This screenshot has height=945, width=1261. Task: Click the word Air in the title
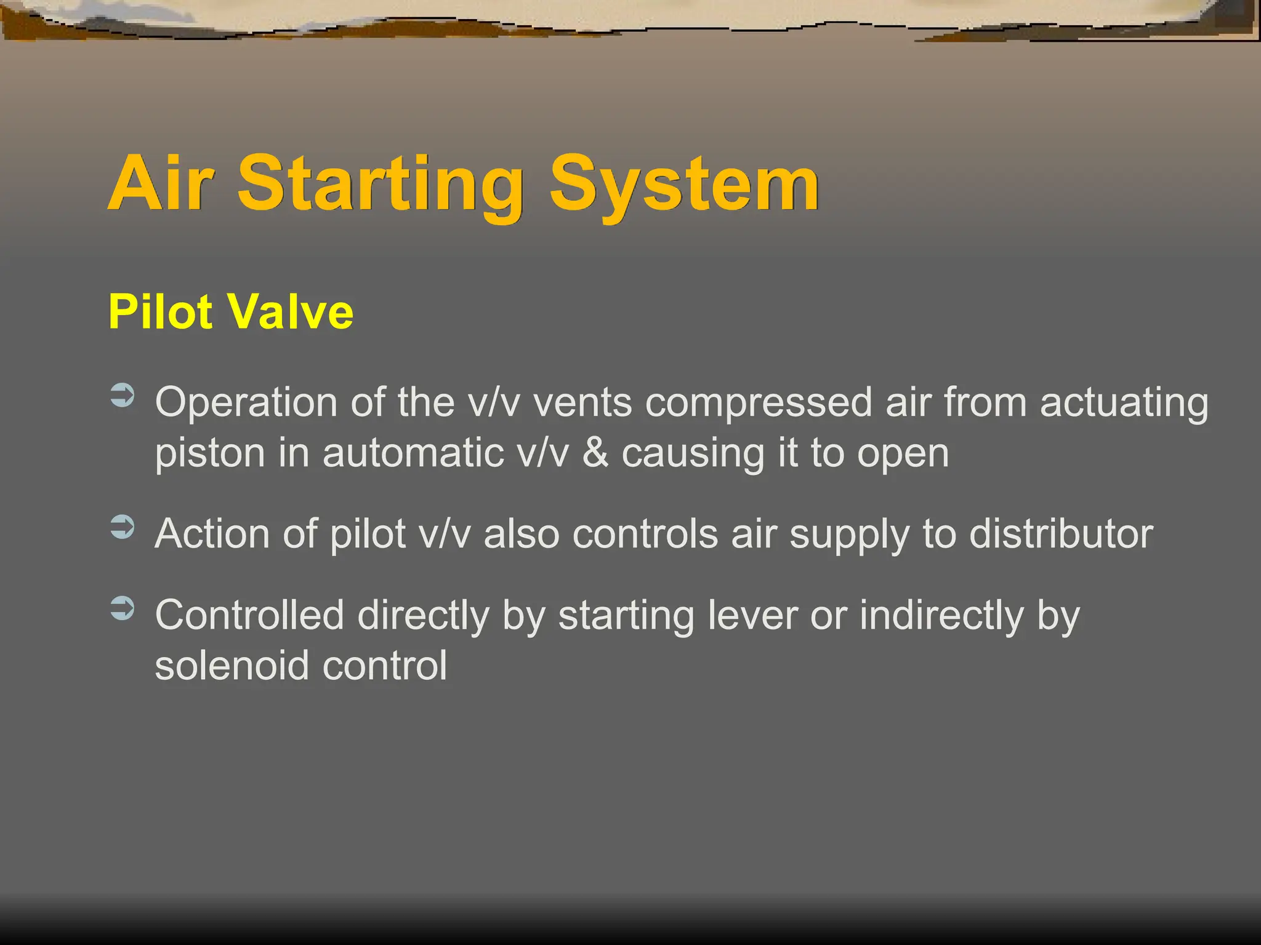pyautogui.click(x=161, y=183)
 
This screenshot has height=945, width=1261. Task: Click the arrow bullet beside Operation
pyautogui.click(x=123, y=396)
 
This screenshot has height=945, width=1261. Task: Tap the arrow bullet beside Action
pyautogui.click(x=123, y=527)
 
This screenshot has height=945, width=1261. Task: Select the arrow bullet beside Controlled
pyautogui.click(x=123, y=608)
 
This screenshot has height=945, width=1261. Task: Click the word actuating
pyautogui.click(x=1124, y=404)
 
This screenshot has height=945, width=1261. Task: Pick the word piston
pyautogui.click(x=210, y=454)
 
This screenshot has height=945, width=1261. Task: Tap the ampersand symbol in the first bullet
pyautogui.click(x=595, y=453)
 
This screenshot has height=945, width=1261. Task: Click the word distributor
pyautogui.click(x=1061, y=533)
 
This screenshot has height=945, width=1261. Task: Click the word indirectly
pyautogui.click(x=942, y=616)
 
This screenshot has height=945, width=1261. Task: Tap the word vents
pyautogui.click(x=582, y=404)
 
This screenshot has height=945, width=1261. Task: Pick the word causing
pyautogui.click(x=693, y=454)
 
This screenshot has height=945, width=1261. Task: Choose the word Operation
pyautogui.click(x=246, y=404)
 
